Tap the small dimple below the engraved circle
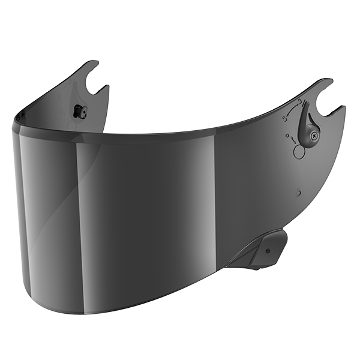click(x=298, y=193)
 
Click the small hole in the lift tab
click(x=267, y=249)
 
